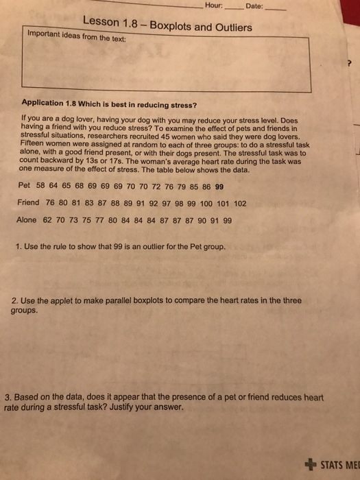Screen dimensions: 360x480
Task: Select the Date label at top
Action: tap(254, 6)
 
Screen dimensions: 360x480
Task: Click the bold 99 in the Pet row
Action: tap(219, 186)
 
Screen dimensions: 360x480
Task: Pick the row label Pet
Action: tap(24, 186)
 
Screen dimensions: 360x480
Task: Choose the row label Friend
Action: tap(28, 203)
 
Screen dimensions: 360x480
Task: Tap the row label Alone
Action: tap(27, 220)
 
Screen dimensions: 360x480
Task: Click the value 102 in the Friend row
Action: tap(240, 203)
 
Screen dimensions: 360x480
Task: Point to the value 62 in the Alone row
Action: tap(47, 220)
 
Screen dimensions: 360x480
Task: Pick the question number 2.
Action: tap(15, 300)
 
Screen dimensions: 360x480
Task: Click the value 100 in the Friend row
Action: tap(206, 203)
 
